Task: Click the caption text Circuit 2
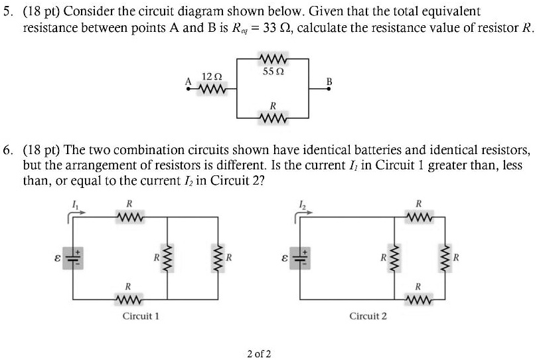point(368,316)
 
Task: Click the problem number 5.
point(7,12)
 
